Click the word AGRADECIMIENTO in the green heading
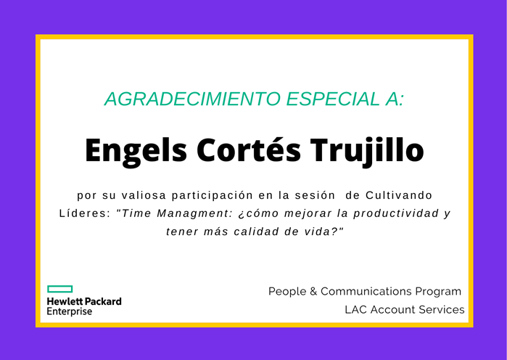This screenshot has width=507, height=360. (192, 99)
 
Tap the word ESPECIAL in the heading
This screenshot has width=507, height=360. (333, 99)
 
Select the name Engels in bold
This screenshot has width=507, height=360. (136, 151)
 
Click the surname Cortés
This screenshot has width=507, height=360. (249, 150)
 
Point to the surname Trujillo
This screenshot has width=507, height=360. (367, 151)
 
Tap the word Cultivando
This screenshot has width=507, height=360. (399, 195)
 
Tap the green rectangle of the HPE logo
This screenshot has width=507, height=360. (59, 289)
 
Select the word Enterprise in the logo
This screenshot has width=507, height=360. (70, 311)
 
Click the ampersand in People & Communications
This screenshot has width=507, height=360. (313, 292)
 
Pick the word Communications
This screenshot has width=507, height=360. (366, 292)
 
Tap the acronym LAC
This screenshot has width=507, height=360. (356, 310)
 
